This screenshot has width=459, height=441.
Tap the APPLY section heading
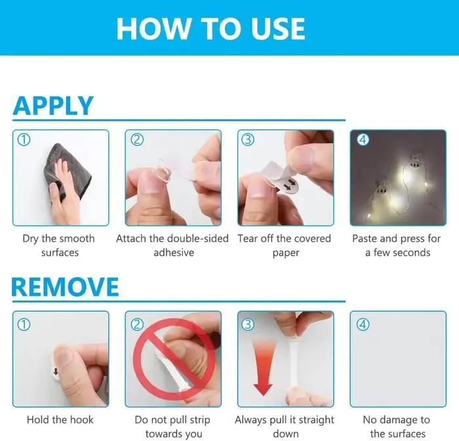53,106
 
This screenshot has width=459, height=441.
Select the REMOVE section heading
65,287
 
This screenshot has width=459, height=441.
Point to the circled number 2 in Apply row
137,140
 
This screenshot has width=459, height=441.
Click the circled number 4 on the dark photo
363,140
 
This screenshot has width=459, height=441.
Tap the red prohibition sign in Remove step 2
174,359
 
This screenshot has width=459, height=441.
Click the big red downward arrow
263,367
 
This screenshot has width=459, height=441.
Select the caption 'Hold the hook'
60,419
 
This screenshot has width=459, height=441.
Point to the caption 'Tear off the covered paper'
285,245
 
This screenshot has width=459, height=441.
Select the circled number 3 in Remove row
248,324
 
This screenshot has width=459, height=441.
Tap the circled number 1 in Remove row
24,324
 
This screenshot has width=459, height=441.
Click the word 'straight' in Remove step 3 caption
315,420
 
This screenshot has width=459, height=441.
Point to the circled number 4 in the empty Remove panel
363,324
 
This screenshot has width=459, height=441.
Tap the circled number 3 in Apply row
248,140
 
